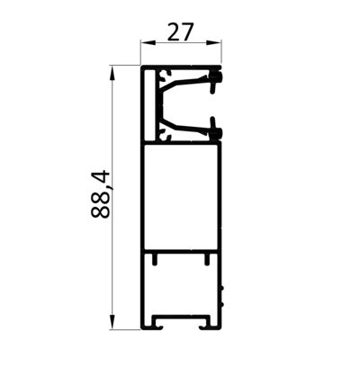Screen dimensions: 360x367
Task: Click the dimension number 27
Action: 179,32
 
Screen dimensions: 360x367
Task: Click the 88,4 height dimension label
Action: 101,194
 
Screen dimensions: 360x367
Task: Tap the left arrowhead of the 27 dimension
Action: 148,43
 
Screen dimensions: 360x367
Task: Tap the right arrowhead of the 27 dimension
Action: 214,43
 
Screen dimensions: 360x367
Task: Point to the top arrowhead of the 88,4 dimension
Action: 112,73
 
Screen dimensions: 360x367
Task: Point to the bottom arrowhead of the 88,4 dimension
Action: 112,322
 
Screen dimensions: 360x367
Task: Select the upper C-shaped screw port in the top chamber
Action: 165,76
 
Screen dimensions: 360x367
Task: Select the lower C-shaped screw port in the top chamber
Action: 165,134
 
